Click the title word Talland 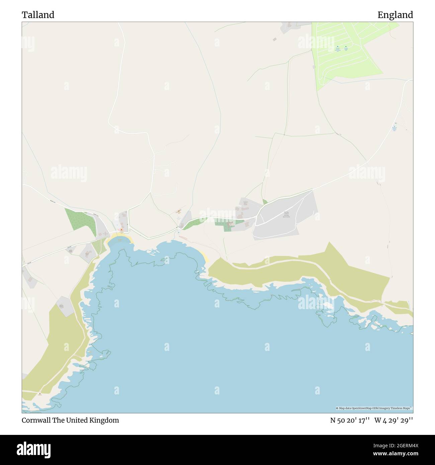pyautogui.click(x=38, y=15)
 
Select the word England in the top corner pyautogui.click(x=395, y=15)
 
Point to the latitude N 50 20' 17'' pyautogui.click(x=350, y=420)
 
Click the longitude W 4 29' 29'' pyautogui.click(x=394, y=420)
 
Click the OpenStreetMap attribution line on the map pyautogui.click(x=374, y=408)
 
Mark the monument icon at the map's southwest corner pyautogui.click(x=40, y=393)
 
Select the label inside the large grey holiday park pyautogui.click(x=287, y=214)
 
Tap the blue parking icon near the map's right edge pyautogui.click(x=395, y=124)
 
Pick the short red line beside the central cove pyautogui.click(x=183, y=238)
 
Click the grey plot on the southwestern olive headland pyautogui.click(x=65, y=306)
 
